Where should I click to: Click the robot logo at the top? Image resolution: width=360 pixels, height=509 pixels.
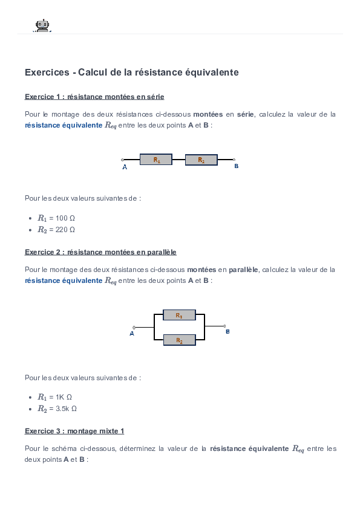click(x=42, y=25)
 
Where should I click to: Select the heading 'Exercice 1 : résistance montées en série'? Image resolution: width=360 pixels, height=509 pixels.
click(x=94, y=97)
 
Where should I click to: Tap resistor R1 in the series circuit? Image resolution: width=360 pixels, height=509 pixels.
click(x=156, y=160)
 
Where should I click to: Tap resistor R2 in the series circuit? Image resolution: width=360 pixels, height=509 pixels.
click(x=201, y=160)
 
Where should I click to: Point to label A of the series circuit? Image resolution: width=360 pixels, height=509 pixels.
click(x=125, y=167)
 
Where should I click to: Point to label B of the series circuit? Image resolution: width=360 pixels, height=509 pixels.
click(x=236, y=166)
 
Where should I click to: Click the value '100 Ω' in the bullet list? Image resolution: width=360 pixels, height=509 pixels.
click(x=65, y=218)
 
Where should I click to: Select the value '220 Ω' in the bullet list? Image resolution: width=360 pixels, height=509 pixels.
click(x=65, y=230)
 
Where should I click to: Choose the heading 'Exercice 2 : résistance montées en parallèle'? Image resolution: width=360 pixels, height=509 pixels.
click(x=100, y=251)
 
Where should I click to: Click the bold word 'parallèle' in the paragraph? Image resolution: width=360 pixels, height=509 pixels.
click(x=244, y=269)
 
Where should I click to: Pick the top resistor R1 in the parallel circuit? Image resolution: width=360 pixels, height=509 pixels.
click(x=179, y=315)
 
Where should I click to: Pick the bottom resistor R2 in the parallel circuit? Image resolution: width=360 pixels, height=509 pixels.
click(x=179, y=340)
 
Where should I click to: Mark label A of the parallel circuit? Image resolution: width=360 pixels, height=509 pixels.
click(x=132, y=334)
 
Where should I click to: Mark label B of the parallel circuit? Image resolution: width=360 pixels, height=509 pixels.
click(x=227, y=332)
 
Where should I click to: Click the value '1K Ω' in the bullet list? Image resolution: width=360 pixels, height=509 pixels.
click(x=64, y=397)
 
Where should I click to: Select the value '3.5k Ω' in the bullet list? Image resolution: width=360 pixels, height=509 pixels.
click(x=67, y=409)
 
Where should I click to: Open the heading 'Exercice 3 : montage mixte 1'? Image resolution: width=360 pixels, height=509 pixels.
click(x=74, y=431)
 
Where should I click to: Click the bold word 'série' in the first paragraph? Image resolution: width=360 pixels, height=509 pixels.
click(x=245, y=114)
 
